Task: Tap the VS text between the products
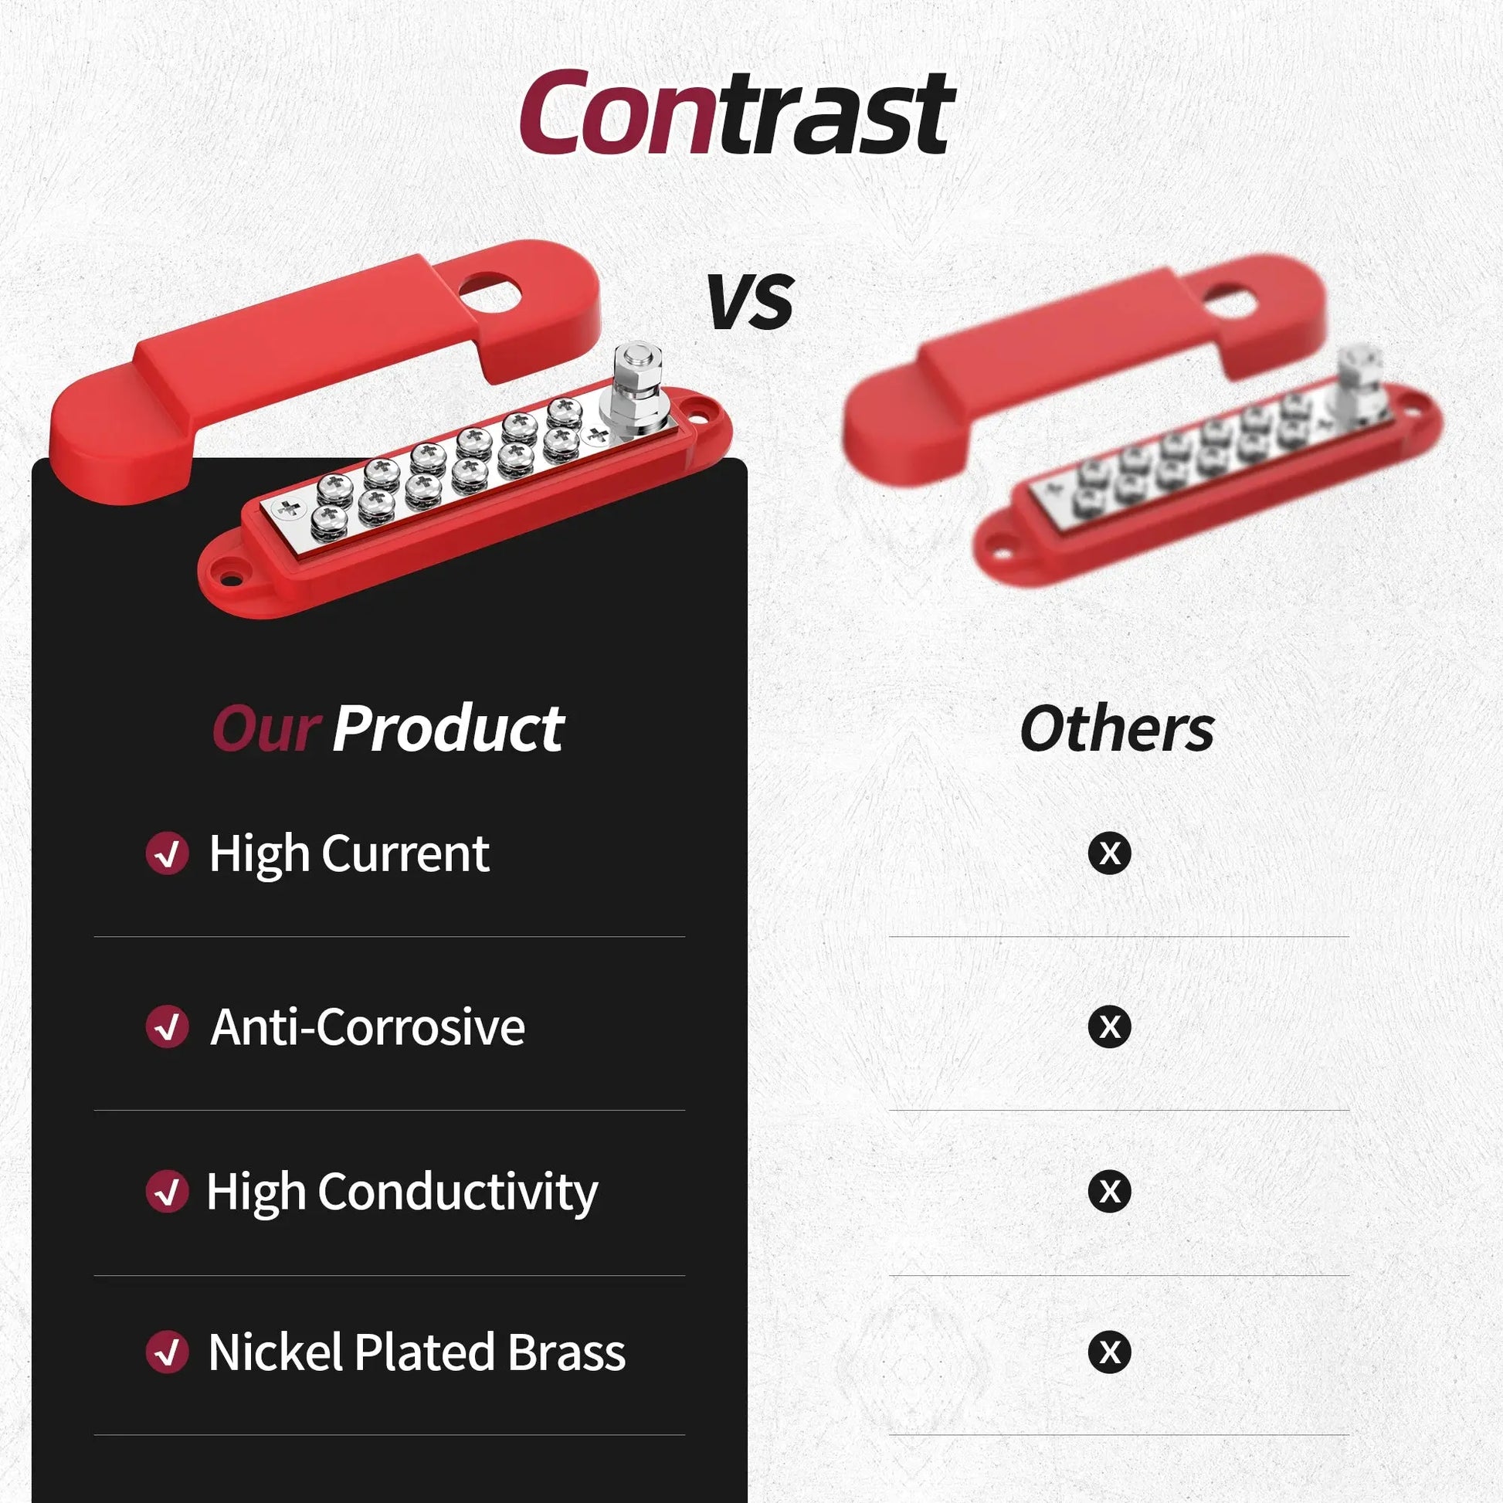pyautogui.click(x=751, y=301)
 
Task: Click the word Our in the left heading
pyautogui.click(x=266, y=730)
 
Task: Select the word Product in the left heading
pyautogui.click(x=448, y=730)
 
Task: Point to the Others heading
pyautogui.click(x=1116, y=730)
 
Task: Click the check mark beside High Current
pyautogui.click(x=168, y=853)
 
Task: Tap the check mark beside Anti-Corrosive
pyautogui.click(x=168, y=1026)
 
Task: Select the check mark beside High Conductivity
pyautogui.click(x=168, y=1191)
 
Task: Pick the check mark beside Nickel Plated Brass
pyautogui.click(x=168, y=1352)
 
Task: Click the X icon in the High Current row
pyautogui.click(x=1109, y=853)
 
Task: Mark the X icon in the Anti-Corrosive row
pyautogui.click(x=1109, y=1026)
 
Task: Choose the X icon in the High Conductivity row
pyautogui.click(x=1109, y=1191)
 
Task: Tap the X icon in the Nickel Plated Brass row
pyautogui.click(x=1109, y=1352)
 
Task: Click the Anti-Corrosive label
pyautogui.click(x=368, y=1027)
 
